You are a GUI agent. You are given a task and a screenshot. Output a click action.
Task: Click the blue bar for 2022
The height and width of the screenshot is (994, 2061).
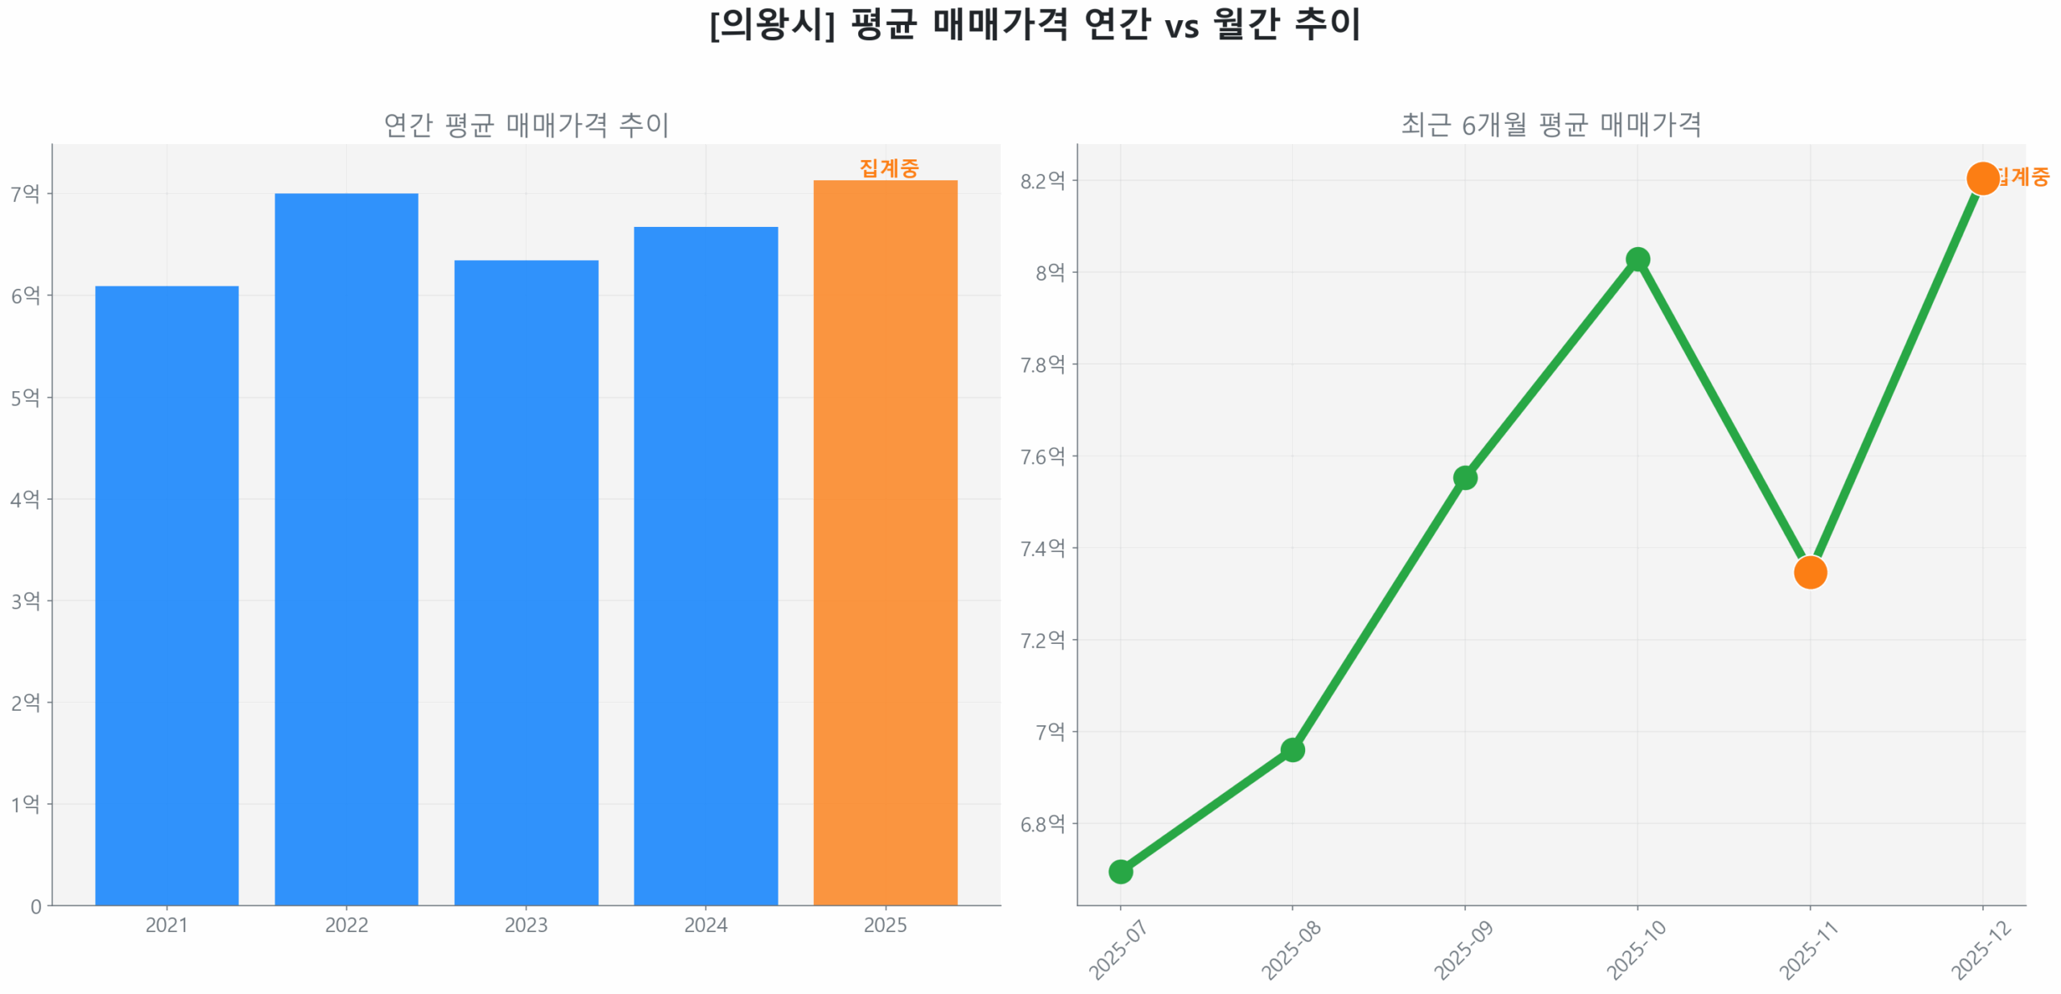point(346,548)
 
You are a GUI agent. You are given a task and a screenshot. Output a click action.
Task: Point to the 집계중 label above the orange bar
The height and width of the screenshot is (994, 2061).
point(888,168)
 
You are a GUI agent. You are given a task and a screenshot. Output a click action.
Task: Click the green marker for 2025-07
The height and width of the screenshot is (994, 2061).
point(1120,871)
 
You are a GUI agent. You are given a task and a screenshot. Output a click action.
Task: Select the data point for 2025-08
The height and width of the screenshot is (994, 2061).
point(1292,749)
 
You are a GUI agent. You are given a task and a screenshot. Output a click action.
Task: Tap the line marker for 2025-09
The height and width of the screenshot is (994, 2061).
point(1464,477)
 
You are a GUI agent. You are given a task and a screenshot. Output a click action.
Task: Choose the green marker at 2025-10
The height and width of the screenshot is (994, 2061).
point(1637,259)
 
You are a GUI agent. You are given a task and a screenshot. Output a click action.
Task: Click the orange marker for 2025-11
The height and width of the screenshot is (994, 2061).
point(1809,572)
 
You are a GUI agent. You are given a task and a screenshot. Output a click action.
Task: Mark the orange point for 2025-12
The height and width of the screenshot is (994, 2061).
point(1981,178)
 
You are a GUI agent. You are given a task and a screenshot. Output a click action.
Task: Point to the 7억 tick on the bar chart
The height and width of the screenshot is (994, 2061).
point(24,193)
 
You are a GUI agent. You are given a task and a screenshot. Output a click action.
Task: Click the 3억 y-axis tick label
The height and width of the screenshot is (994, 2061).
point(24,600)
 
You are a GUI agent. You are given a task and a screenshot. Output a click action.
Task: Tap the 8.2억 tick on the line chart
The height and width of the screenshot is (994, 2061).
point(1042,180)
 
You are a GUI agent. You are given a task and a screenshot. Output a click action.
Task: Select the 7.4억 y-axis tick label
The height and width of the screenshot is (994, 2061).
point(1042,548)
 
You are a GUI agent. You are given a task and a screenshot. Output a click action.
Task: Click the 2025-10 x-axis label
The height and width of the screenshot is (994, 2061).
point(1634,950)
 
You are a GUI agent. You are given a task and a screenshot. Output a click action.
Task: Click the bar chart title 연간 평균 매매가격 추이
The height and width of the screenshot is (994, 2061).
point(526,125)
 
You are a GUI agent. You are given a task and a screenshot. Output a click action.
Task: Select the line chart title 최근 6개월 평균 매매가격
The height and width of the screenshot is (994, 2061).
point(1551,125)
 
